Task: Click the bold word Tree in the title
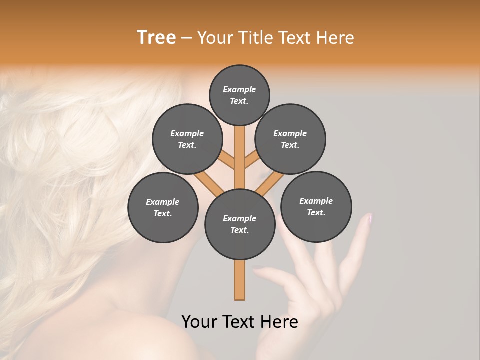tap(156, 38)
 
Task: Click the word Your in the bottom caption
tap(199, 322)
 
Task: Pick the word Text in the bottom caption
tap(239, 322)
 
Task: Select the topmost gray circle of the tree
tap(239, 95)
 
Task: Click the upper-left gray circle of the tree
tap(187, 139)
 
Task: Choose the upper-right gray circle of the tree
tap(290, 139)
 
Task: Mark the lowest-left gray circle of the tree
tap(163, 207)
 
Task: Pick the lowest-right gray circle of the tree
tap(316, 206)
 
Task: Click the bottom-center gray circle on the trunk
tap(240, 224)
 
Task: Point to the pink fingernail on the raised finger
tap(369, 218)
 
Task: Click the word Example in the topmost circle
tap(239, 89)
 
